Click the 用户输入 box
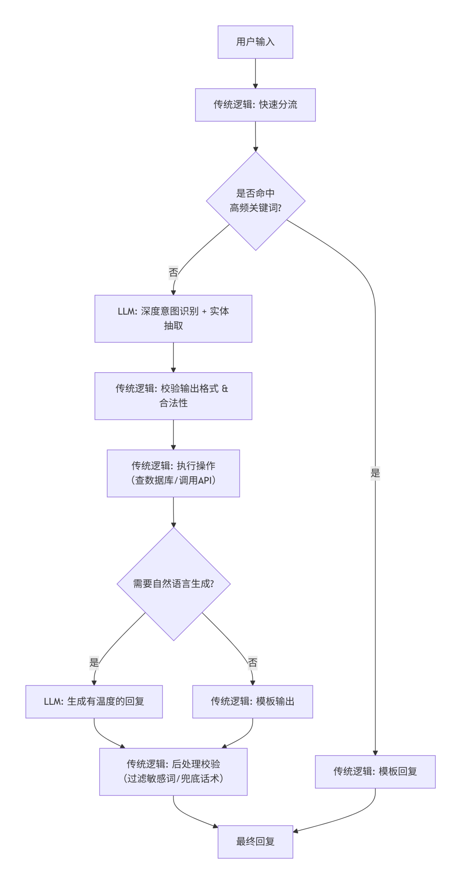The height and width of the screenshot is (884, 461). point(255,42)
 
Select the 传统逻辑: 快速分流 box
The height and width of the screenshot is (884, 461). point(255,105)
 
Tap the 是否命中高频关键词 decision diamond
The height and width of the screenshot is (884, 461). point(255,201)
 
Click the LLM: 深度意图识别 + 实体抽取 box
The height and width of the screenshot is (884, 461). point(173,318)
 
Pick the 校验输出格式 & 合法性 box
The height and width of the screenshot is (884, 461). point(173,396)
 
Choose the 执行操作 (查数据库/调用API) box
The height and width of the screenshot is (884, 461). point(173,473)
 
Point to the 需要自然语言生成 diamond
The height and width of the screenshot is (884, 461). point(173,583)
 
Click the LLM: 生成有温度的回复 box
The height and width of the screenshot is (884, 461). point(94,701)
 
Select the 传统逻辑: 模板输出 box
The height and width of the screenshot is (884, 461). point(253,701)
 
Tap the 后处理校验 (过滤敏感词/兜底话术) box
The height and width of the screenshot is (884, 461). point(173,771)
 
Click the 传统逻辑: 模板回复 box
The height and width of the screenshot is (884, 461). point(375,771)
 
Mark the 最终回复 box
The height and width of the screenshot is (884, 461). point(255,841)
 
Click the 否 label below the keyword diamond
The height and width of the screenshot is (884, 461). point(173,272)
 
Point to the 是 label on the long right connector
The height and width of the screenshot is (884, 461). point(375,473)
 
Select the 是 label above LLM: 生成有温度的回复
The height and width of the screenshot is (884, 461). point(94,662)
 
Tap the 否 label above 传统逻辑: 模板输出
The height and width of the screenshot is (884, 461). point(253,662)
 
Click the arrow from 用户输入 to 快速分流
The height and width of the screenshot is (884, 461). point(255,73)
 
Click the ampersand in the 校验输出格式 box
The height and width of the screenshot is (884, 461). point(225,388)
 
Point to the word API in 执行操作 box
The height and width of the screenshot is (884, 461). point(204,480)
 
